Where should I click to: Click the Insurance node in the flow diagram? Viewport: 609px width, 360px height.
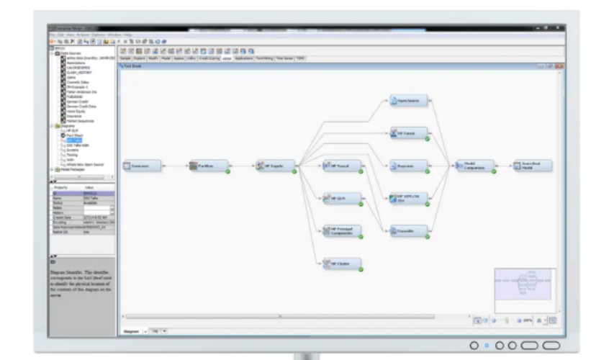click(141, 166)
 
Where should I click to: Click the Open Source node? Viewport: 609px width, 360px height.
click(408, 101)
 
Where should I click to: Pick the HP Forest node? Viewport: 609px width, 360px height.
click(408, 133)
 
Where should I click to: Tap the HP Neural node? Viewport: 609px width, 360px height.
click(341, 166)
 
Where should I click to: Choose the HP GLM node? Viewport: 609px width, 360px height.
click(341, 198)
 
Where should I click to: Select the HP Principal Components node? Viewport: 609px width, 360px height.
click(341, 230)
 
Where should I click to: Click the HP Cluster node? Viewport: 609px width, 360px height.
click(341, 263)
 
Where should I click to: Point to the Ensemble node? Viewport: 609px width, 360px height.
click(408, 230)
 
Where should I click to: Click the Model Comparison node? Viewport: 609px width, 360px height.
click(475, 166)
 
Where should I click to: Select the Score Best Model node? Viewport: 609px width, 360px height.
click(533, 166)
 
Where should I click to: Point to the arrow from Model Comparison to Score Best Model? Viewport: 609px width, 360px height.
click(504, 166)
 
